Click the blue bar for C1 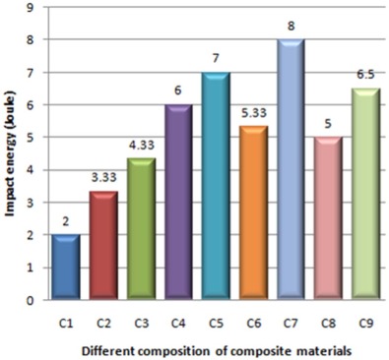67,268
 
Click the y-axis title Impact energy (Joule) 11,153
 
